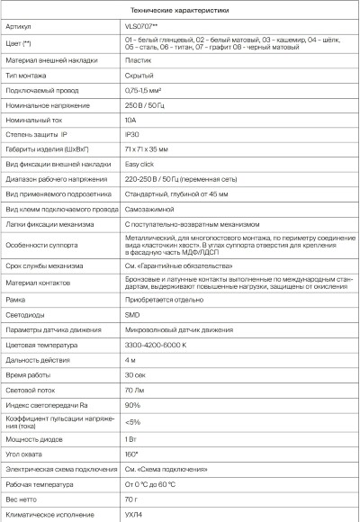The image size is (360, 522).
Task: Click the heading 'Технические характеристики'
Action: [180, 10]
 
